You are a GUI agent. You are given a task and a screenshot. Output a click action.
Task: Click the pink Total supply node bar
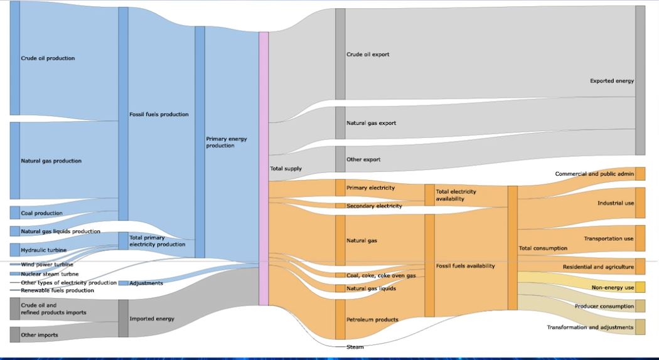(264, 168)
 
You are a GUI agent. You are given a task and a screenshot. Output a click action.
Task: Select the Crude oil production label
(48, 58)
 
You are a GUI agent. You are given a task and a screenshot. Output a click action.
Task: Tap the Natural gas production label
(51, 161)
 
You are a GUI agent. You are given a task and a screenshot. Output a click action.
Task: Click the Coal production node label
(41, 213)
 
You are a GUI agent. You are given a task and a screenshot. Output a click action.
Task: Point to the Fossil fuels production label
(159, 115)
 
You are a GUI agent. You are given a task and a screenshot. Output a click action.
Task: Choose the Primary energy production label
(227, 142)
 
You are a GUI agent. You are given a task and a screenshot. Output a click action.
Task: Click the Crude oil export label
(368, 55)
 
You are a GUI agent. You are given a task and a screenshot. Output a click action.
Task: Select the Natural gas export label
(371, 123)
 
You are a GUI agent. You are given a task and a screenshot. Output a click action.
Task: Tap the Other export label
(363, 159)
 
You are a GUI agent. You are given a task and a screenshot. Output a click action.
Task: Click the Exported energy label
(612, 81)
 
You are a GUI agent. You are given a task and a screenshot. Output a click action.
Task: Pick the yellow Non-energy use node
(640, 287)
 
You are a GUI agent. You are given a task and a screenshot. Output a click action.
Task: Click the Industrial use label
(616, 203)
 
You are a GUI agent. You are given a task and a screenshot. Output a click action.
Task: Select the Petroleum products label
(372, 320)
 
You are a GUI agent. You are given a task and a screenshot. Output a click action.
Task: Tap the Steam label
(355, 347)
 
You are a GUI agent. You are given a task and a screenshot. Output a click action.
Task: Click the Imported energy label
(152, 319)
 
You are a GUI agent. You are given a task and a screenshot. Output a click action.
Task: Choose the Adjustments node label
(146, 283)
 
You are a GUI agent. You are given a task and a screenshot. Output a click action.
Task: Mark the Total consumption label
(543, 248)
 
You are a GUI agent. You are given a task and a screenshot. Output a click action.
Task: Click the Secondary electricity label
(374, 206)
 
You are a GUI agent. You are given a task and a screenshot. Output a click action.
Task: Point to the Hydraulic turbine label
(44, 250)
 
